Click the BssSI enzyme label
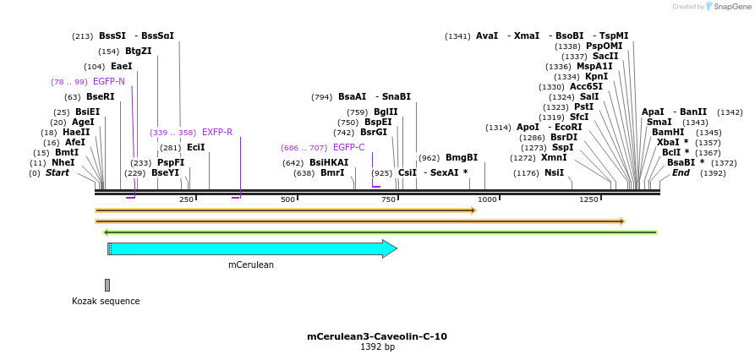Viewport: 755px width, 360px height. tap(112, 36)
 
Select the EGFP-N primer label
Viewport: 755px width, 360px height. tap(108, 82)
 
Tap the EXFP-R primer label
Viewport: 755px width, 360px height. tap(216, 133)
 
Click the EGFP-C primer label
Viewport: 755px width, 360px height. tap(348, 148)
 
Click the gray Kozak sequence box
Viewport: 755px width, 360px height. tap(107, 285)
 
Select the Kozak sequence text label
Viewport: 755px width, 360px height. tap(106, 301)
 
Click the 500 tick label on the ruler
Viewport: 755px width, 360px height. tap(287, 199)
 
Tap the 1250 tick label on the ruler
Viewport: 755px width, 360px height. tap(588, 199)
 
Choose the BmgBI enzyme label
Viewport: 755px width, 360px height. tap(461, 158)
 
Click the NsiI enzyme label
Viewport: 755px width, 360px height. tap(554, 173)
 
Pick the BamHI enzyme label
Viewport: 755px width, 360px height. tap(668, 133)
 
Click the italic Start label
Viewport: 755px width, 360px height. tap(57, 173)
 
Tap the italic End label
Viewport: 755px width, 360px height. tap(681, 173)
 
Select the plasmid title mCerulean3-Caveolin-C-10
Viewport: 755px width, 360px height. tap(377, 336)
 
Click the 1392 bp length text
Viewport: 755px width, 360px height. tap(377, 347)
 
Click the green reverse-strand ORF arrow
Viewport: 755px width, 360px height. tap(380, 232)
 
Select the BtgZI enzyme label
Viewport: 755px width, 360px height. tap(138, 52)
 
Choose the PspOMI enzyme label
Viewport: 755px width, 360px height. tap(604, 46)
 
